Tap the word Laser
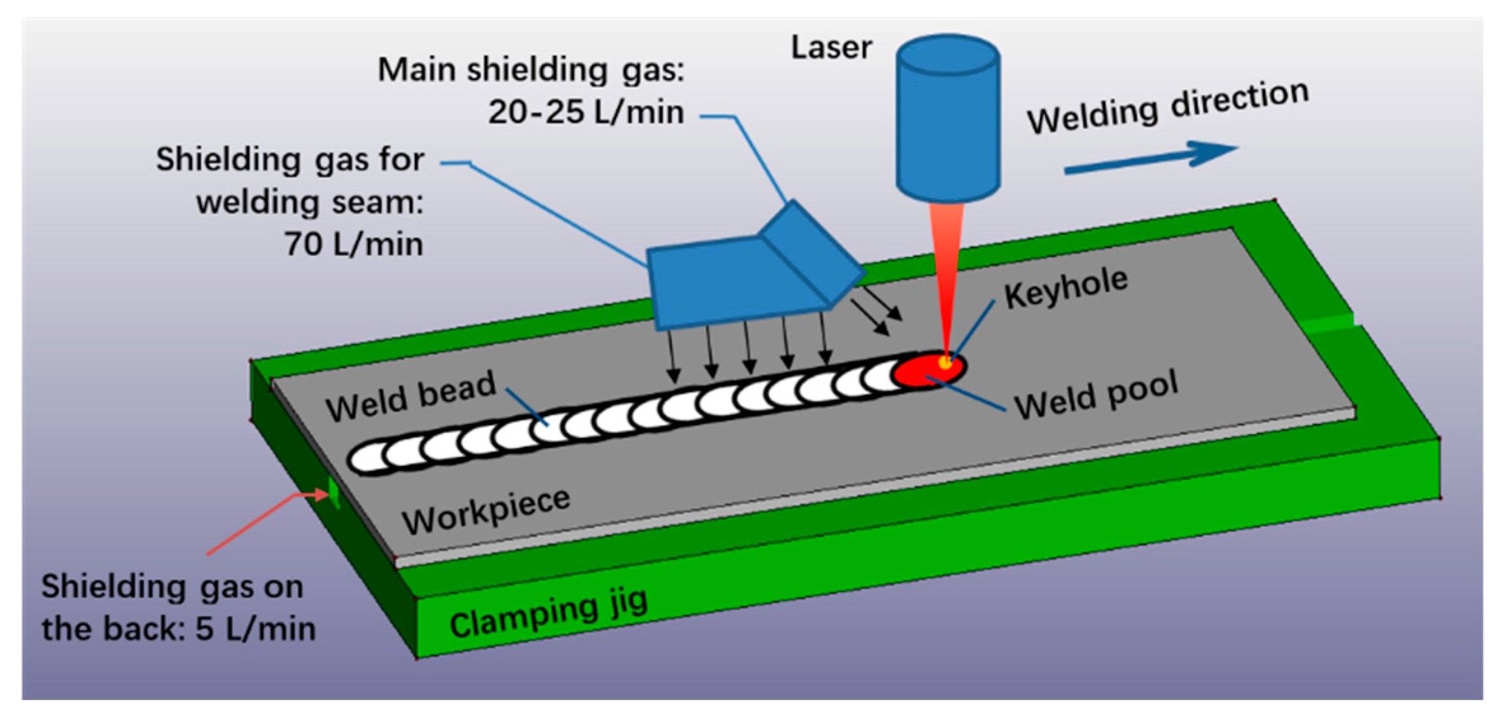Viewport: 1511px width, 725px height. tap(831, 48)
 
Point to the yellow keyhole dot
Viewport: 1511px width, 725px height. tap(945, 363)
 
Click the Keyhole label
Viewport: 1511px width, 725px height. tap(1065, 288)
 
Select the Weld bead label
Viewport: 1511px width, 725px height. tap(411, 396)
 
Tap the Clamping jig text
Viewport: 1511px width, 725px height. tap(548, 612)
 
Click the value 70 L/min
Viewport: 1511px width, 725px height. tap(354, 244)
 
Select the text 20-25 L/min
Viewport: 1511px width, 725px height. tap(586, 113)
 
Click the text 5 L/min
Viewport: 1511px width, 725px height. tap(255, 629)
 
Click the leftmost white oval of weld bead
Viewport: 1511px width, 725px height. tap(368, 458)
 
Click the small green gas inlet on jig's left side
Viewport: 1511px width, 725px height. tap(333, 491)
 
